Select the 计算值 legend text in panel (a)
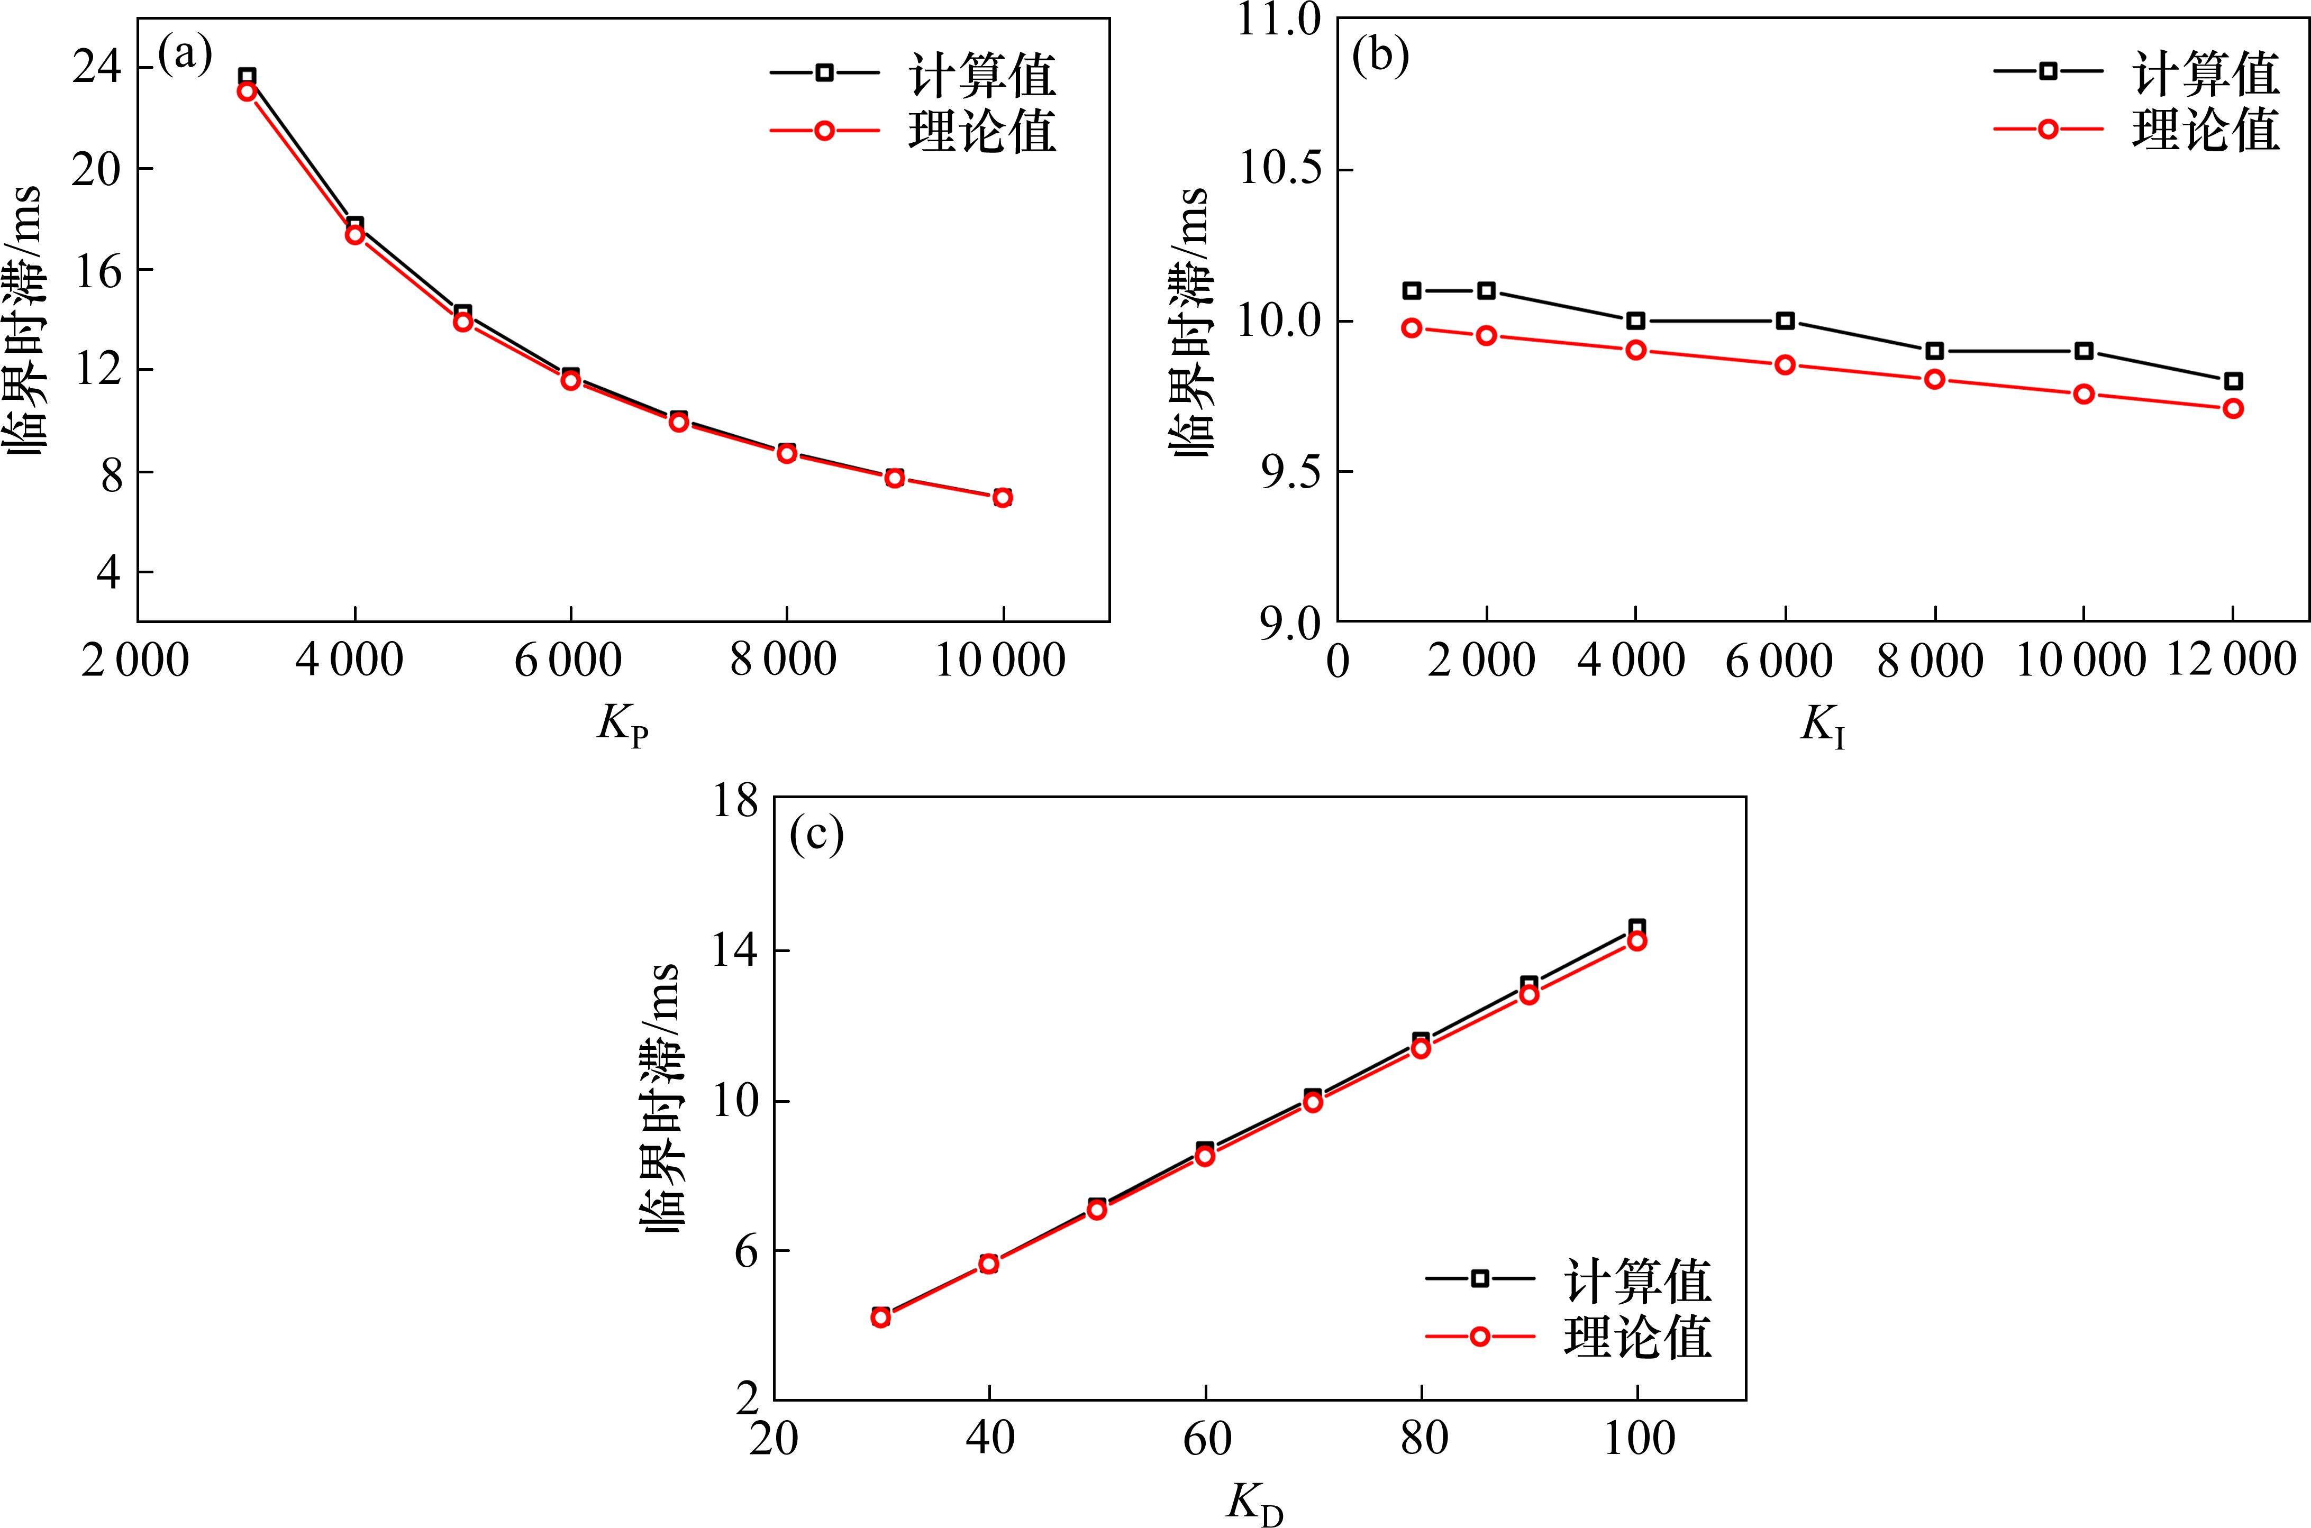pyautogui.click(x=982, y=73)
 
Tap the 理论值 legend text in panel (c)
pyautogui.click(x=1637, y=1336)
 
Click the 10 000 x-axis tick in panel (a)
pyautogui.click(x=1001, y=661)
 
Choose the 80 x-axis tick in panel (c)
pyautogui.click(x=1422, y=1438)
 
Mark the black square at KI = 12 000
pyautogui.click(x=2233, y=381)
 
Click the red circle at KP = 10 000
pyautogui.click(x=1002, y=498)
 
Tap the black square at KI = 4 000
pyautogui.click(x=1635, y=321)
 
